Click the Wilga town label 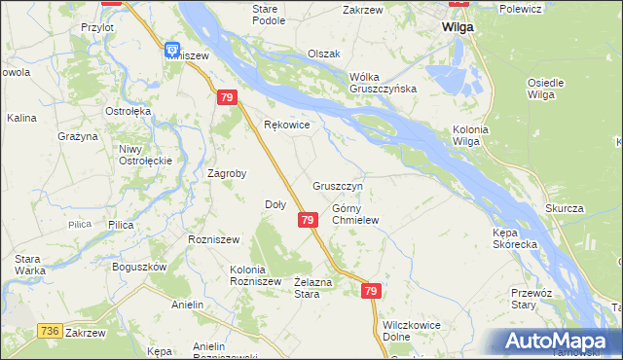tap(457, 27)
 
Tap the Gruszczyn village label tap(338, 185)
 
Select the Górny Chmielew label tap(354, 214)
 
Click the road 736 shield tap(52, 332)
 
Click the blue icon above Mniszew tap(172, 49)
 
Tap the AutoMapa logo tap(560, 341)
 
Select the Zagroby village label tap(227, 173)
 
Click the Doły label tap(275, 204)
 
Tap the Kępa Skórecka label tap(515, 238)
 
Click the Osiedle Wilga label tap(545, 89)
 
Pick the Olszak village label tap(323, 54)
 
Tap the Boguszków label tap(139, 267)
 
